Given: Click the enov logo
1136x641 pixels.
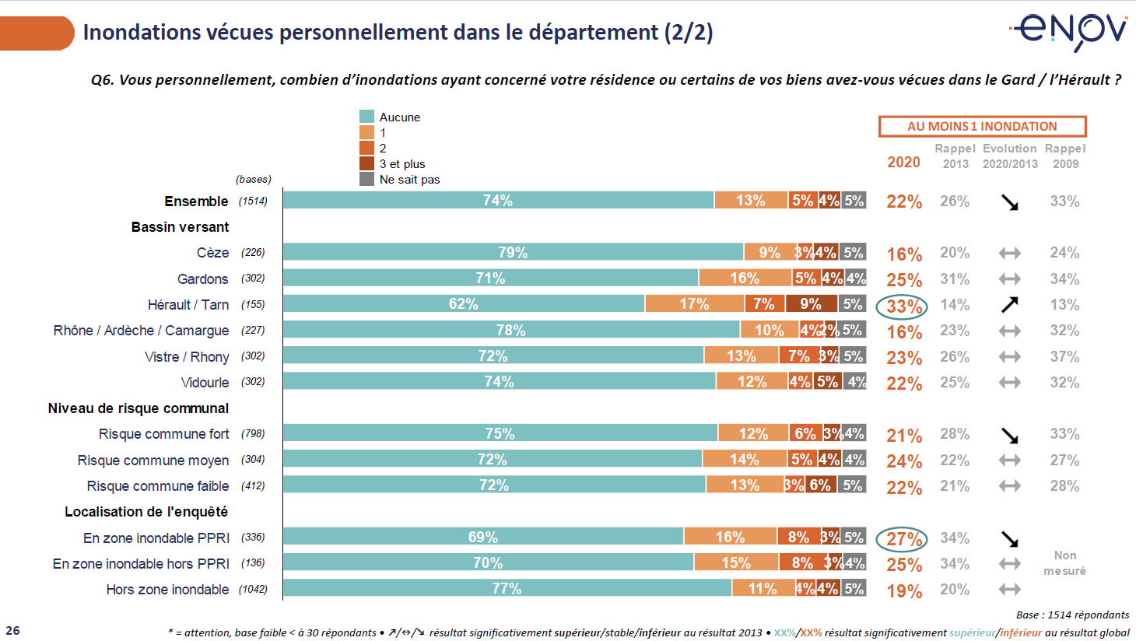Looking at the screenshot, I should (1070, 31).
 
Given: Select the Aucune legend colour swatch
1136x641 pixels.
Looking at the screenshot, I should (366, 117).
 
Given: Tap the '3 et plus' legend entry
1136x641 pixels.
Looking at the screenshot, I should (401, 164).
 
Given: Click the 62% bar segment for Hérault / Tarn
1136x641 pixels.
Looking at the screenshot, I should (464, 304).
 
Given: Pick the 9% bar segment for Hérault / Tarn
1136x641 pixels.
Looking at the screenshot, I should (811, 304).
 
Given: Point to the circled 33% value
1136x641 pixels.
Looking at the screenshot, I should (903, 306).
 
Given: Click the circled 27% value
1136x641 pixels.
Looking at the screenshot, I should (903, 539).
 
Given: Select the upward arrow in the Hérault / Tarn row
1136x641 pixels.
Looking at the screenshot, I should (1009, 305).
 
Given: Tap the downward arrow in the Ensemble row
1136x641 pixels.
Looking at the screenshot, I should (1009, 202).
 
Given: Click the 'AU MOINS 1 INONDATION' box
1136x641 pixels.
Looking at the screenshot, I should (982, 126).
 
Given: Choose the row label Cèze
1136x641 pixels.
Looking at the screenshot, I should (212, 253).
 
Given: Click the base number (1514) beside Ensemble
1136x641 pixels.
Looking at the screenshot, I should (254, 201).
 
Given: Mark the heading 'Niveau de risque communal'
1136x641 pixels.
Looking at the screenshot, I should (138, 408).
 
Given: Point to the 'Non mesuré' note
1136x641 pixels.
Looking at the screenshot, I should (1064, 563).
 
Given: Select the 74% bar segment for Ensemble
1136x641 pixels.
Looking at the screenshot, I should (498, 201).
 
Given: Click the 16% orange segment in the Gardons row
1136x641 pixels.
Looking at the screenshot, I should (745, 278).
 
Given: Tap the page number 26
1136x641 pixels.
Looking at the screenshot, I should (12, 631).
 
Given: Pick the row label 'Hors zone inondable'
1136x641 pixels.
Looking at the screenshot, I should (167, 590).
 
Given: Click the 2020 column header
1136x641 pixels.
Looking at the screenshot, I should (903, 162).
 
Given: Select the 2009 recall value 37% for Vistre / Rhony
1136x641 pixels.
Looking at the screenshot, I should (1064, 357).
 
